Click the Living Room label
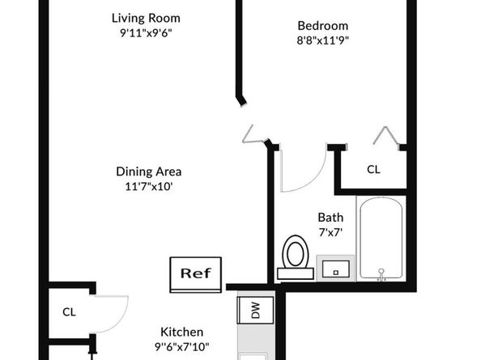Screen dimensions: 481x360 (146, 18)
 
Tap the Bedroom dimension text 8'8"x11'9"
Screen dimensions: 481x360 (323, 40)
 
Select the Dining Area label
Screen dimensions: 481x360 (149, 172)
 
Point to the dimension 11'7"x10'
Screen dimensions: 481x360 (149, 186)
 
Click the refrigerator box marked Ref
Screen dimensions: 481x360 (196, 274)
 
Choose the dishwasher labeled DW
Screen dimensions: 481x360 (256, 310)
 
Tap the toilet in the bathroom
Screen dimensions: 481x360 (295, 256)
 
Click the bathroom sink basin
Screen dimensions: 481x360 (335, 269)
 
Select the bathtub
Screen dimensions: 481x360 (381, 239)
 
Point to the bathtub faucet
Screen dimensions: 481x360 (381, 274)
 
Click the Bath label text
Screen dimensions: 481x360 (330, 218)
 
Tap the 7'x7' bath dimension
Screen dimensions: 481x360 (330, 232)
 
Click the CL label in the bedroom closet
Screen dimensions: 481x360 (373, 169)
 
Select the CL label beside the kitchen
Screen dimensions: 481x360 (69, 312)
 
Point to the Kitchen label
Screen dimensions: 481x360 (181, 332)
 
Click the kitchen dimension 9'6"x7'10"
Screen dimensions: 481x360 (181, 347)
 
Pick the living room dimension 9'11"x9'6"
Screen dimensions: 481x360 (146, 33)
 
